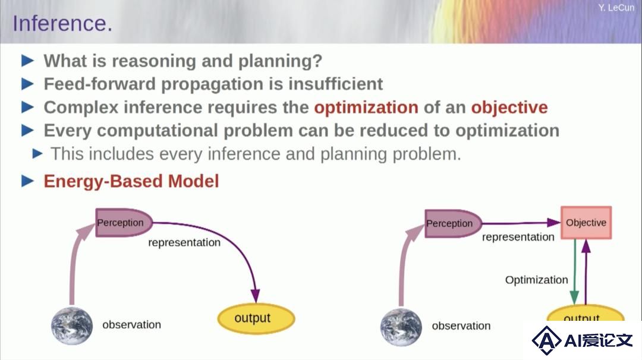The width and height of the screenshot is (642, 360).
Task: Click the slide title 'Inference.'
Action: tap(62, 23)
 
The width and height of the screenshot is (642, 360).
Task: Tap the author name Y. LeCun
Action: tap(616, 7)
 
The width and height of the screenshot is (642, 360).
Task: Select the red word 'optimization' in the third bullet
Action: tap(366, 107)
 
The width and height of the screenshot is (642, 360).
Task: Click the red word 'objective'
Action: tap(509, 107)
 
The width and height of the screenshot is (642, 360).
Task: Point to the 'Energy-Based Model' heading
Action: tap(131, 181)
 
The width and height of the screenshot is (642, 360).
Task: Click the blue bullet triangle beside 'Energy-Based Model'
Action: tap(27, 181)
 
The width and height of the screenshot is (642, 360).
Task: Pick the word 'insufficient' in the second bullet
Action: tap(335, 84)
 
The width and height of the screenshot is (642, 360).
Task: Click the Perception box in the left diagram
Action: tap(124, 223)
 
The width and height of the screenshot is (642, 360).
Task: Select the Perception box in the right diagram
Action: tap(453, 223)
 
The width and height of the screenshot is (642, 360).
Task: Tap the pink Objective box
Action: tap(586, 223)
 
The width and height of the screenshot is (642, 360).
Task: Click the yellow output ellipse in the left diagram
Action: tap(256, 318)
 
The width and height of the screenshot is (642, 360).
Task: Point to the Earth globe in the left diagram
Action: tap(72, 326)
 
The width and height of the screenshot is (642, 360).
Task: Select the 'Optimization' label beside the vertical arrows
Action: tap(536, 280)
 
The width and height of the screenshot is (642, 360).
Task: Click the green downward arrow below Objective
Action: tap(574, 271)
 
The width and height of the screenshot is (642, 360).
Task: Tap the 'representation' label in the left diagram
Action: tap(184, 242)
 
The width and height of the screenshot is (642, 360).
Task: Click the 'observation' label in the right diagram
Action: tap(461, 326)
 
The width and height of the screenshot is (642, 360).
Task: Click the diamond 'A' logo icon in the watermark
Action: tap(546, 340)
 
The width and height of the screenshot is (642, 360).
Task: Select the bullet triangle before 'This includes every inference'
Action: tap(37, 154)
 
